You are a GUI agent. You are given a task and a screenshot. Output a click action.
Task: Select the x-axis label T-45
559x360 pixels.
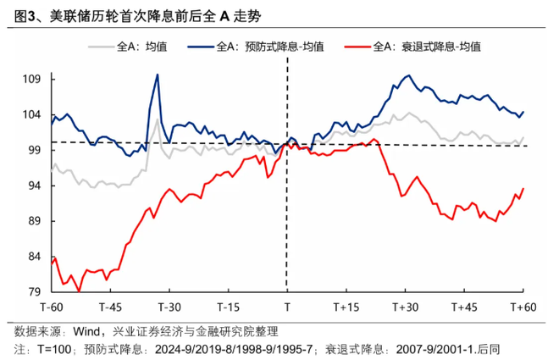point(110,307)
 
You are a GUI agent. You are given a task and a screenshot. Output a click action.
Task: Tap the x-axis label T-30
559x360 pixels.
point(169,307)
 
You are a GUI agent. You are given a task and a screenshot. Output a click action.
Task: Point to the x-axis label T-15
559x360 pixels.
point(228,307)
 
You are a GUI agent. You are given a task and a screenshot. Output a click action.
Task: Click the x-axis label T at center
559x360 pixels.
point(287,307)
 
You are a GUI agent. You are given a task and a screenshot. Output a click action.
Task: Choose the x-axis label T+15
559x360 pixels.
point(346,307)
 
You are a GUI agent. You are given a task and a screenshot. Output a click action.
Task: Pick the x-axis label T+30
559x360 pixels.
point(406,307)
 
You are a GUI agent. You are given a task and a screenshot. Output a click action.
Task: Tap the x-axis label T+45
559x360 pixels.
point(464,307)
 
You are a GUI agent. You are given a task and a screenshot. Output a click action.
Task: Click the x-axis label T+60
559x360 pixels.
point(523,307)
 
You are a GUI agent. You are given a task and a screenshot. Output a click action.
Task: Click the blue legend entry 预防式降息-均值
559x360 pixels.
point(262,46)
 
